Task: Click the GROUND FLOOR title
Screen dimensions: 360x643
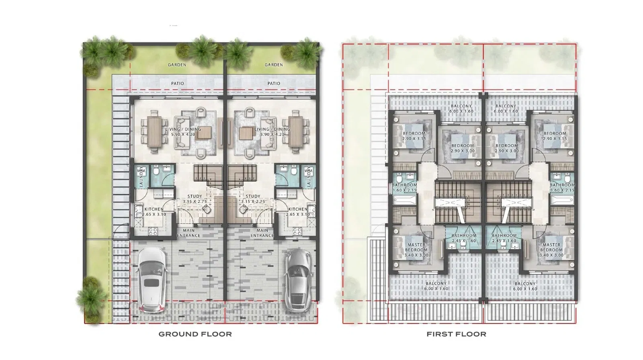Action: point(195,334)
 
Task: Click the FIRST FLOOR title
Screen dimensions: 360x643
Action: point(456,334)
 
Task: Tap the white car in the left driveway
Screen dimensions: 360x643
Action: point(151,279)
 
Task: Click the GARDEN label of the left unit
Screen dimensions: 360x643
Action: point(177,65)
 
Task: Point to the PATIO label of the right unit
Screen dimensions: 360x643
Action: point(274,84)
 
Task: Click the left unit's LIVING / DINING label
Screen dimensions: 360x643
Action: point(183,132)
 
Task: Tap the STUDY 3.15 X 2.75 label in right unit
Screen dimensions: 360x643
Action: point(253,199)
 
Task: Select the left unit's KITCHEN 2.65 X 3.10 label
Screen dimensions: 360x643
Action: point(154,212)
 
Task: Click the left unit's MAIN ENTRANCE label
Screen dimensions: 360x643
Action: point(188,233)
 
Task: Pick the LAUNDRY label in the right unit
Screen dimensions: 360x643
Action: point(309,177)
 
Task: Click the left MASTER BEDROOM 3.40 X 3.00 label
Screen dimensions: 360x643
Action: point(416,250)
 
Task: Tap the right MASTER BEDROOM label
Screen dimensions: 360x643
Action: point(551,250)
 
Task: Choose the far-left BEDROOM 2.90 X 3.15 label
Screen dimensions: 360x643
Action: point(414,136)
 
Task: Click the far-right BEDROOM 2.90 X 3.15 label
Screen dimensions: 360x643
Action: point(555,136)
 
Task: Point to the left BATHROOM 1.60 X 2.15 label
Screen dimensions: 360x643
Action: point(404,188)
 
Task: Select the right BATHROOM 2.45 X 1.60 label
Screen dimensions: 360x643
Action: point(504,238)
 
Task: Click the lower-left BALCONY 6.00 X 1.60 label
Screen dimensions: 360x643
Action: point(436,286)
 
